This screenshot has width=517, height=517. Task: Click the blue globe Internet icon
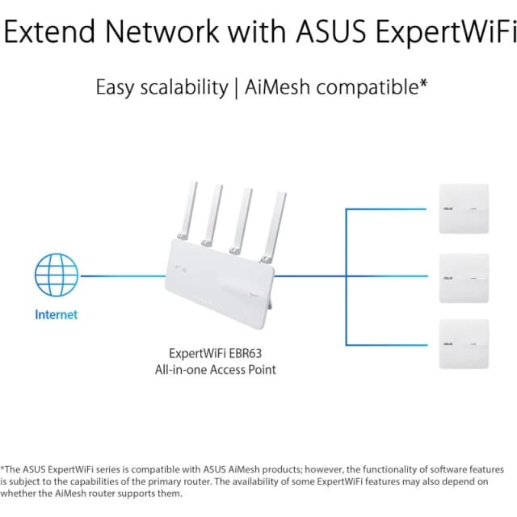pyautogui.click(x=56, y=276)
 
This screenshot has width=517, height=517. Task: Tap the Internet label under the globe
pyautogui.click(x=56, y=315)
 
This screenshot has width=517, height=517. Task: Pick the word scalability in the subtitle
pyautogui.click(x=183, y=87)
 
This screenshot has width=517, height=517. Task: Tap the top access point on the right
pyautogui.click(x=464, y=208)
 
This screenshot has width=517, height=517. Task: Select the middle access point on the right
pyautogui.click(x=464, y=277)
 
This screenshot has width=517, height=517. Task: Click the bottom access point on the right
pyautogui.click(x=464, y=345)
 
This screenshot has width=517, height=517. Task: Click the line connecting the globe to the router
pyautogui.click(x=121, y=277)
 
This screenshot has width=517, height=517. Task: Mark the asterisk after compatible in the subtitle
pyautogui.click(x=423, y=83)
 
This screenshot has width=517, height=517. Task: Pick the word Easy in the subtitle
pyautogui.click(x=114, y=87)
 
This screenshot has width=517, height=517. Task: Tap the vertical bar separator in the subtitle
pyautogui.click(x=236, y=87)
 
